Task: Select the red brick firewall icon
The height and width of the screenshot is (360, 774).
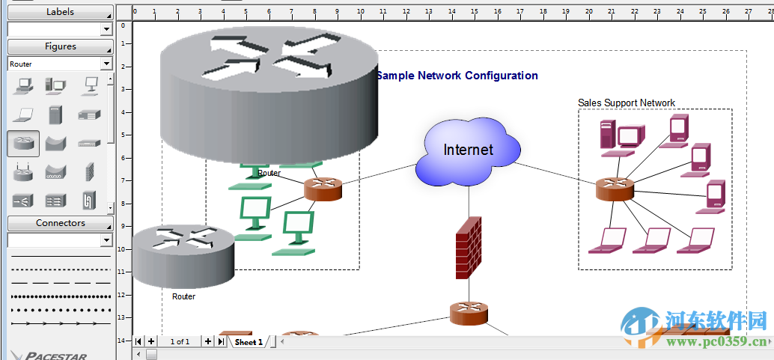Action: tap(469, 248)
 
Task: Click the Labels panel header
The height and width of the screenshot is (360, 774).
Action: tap(60, 12)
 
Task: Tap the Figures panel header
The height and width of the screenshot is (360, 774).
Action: tap(60, 46)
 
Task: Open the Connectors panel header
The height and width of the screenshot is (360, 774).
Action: tap(60, 223)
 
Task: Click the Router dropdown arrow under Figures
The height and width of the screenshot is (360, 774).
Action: tap(106, 64)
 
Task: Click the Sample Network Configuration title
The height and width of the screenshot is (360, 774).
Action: tap(457, 76)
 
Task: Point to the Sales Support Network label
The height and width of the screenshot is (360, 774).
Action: tap(627, 103)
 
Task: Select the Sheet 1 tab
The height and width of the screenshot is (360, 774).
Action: tap(249, 342)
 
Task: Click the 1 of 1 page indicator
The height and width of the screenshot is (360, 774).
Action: tap(180, 342)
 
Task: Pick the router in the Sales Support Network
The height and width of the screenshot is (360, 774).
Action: tap(615, 189)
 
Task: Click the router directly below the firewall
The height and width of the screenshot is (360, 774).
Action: tap(469, 313)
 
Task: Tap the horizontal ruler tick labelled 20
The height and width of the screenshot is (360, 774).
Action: tap(588, 11)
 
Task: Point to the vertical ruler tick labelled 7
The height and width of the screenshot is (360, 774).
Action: tap(123, 180)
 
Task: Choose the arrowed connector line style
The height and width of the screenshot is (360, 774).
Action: tap(60, 323)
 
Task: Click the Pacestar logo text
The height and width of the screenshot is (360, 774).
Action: tap(56, 356)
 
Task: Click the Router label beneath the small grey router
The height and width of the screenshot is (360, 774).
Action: tap(183, 296)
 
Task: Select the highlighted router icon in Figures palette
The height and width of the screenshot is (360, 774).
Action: tap(23, 142)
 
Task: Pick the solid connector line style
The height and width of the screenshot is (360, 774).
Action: tap(60, 257)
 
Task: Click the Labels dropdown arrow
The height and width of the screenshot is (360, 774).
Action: tap(106, 29)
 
